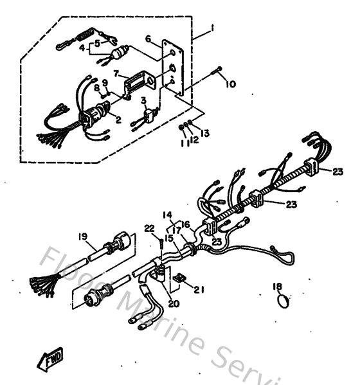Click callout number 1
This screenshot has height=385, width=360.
click(212, 30)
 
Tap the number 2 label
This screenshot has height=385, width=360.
click(118, 120)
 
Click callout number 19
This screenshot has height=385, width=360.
click(83, 237)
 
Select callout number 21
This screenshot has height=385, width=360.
click(199, 289)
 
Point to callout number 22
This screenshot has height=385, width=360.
click(148, 228)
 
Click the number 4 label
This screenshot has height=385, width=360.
click(82, 48)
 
